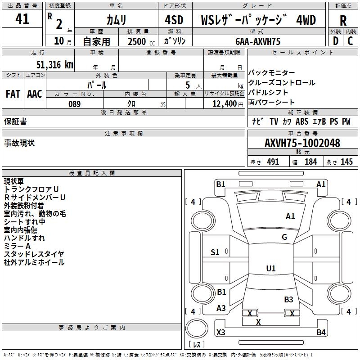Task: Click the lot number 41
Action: point(22,19)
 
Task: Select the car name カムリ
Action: point(116,20)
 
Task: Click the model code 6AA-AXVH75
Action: point(258,41)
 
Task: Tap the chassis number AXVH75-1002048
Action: point(302,143)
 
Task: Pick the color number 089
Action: point(74,104)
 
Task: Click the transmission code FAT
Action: point(13,94)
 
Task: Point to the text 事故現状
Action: point(19,143)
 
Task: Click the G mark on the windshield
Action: point(284,237)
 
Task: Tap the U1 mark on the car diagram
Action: point(270,269)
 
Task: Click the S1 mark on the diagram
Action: point(215,252)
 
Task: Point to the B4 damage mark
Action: point(321,333)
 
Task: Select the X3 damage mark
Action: point(221,333)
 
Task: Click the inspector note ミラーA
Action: point(17,246)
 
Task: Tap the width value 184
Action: point(311,162)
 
